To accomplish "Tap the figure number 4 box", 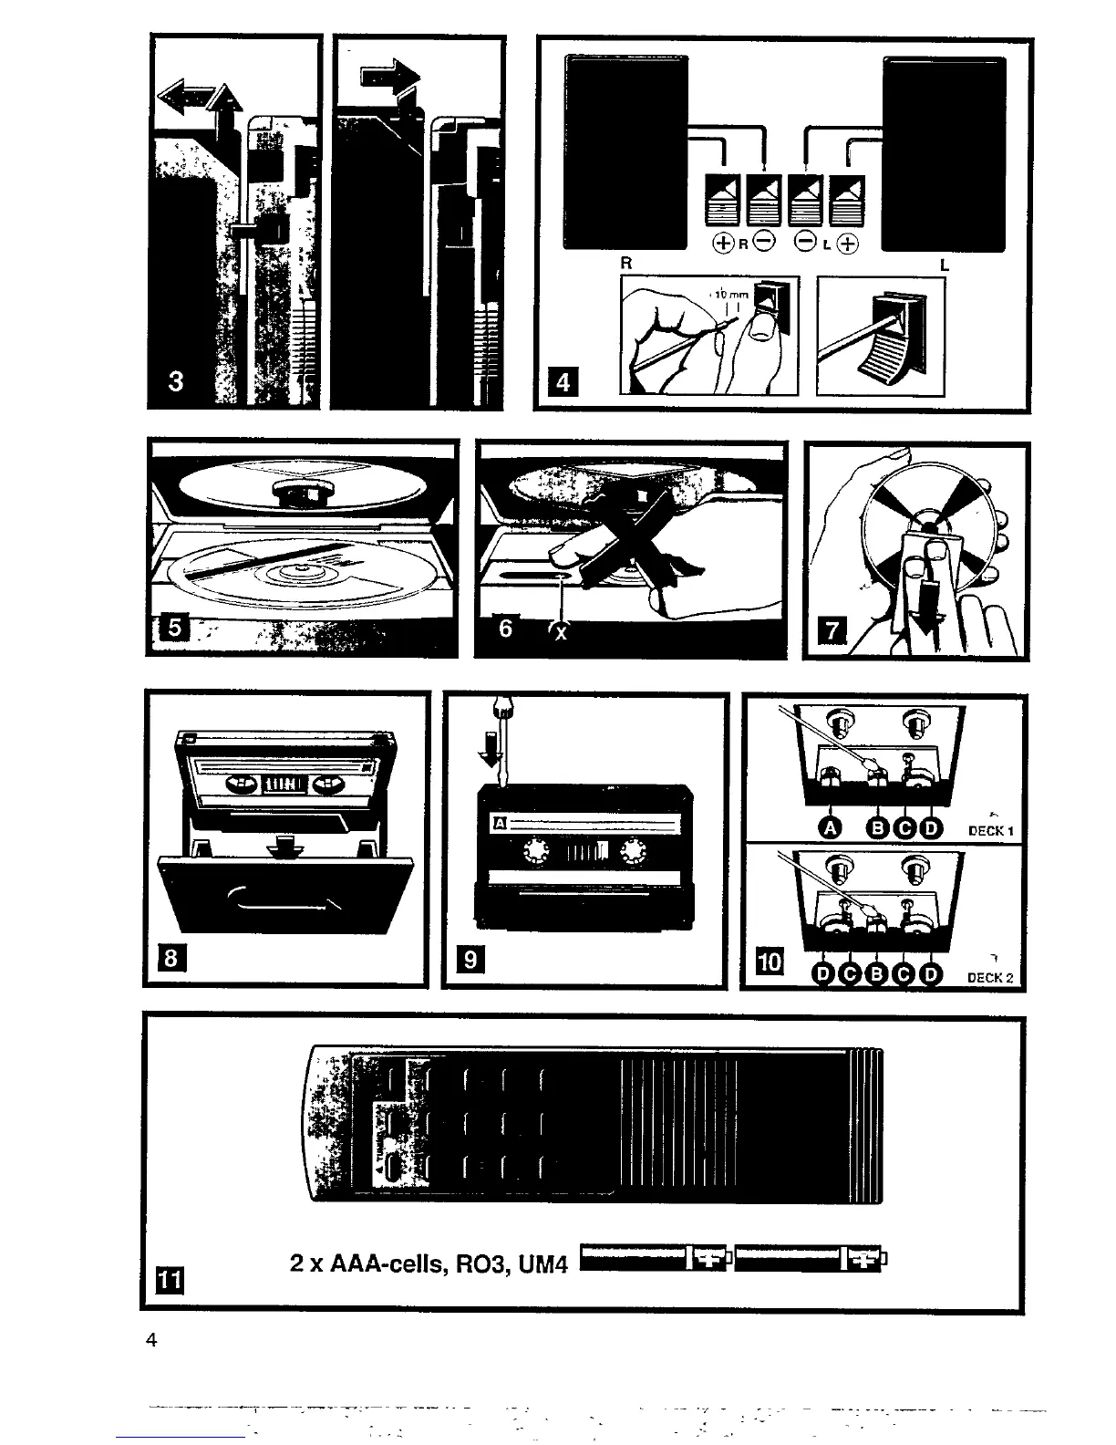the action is [x=563, y=382].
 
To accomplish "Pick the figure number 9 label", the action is [x=470, y=960].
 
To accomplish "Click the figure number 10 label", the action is [x=770, y=962].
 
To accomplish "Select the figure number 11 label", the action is [x=170, y=1281].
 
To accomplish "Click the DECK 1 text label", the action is [x=991, y=831].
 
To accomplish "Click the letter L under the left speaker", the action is [x=945, y=265].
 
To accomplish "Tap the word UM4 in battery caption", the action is [x=545, y=1264].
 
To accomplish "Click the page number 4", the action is [x=152, y=1340].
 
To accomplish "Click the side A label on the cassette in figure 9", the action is [x=499, y=825].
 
